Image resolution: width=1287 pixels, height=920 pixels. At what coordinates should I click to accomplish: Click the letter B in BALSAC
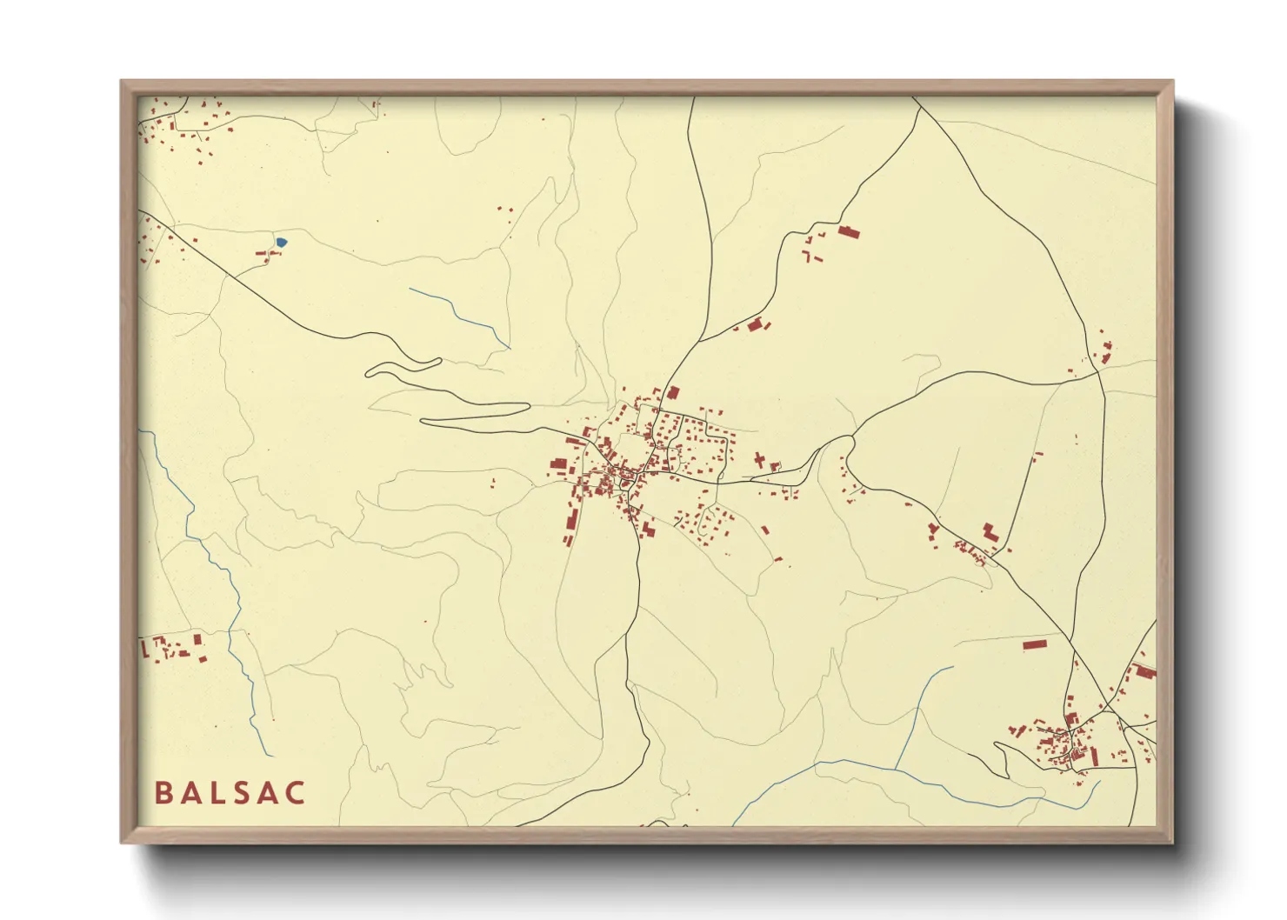click(163, 793)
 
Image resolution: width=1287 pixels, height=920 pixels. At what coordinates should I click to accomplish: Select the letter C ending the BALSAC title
click(296, 793)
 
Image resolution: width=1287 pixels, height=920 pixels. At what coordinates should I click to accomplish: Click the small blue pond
click(281, 243)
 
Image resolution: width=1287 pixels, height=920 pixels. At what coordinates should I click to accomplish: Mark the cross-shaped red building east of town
click(759, 460)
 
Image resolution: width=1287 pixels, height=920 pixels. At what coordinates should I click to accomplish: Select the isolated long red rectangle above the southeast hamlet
click(1034, 644)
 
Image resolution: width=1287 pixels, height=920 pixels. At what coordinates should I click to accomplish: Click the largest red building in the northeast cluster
click(848, 231)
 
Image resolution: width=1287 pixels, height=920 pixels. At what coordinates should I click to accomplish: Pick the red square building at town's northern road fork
click(672, 392)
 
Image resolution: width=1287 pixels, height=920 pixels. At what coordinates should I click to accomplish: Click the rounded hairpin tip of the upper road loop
click(370, 373)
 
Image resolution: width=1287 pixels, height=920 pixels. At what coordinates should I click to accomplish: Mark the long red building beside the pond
click(262, 253)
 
